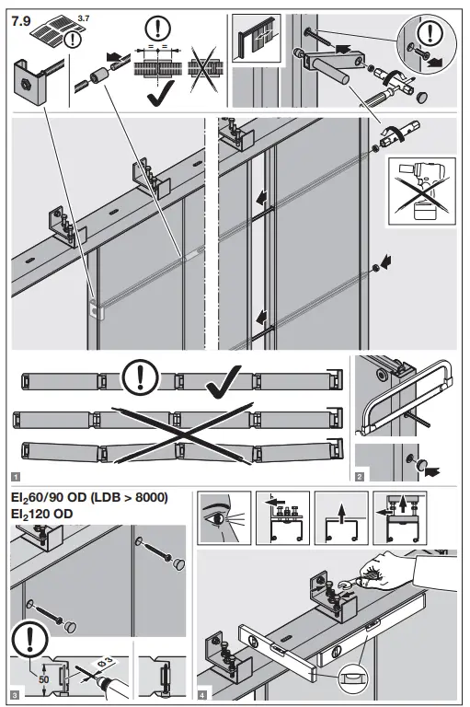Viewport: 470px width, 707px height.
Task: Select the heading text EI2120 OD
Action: tap(46, 515)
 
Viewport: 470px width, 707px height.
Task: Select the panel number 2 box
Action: tap(361, 477)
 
